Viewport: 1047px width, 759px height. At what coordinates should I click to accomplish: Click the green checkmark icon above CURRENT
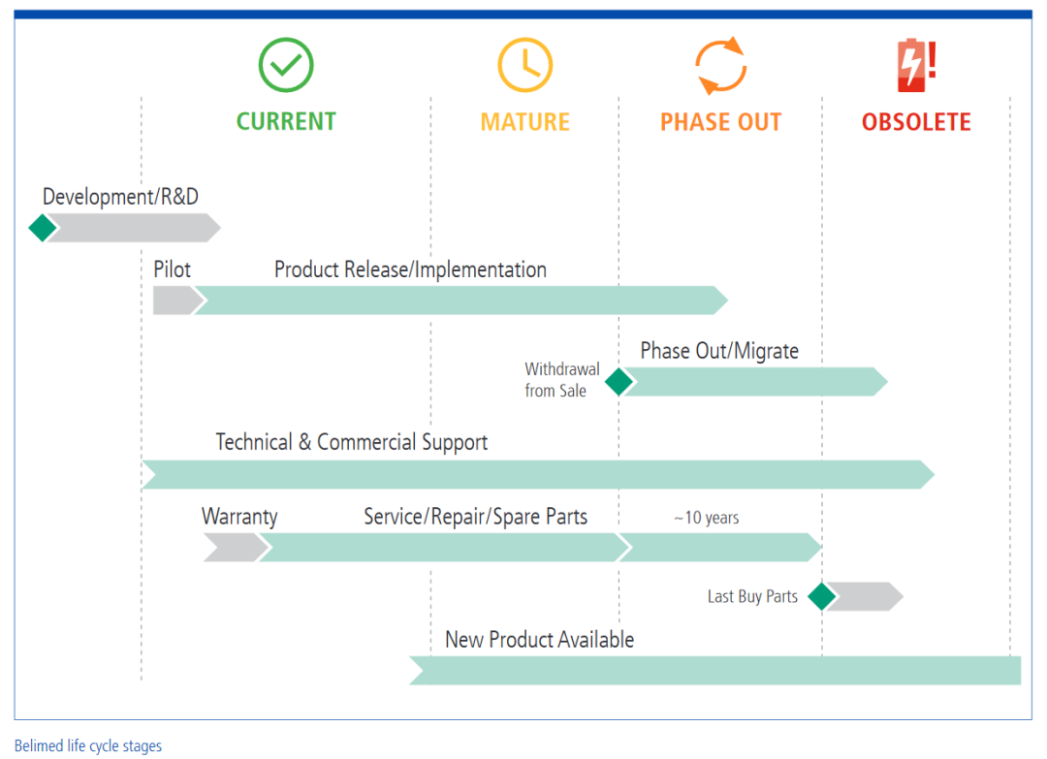286,65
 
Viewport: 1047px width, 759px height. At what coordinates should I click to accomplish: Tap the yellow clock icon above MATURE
524,65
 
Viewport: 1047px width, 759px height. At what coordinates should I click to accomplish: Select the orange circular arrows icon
720,66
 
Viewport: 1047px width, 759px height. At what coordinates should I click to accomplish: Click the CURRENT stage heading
286,122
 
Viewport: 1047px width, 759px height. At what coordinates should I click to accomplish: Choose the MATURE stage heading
524,122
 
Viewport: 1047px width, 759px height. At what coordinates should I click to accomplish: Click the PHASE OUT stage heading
720,122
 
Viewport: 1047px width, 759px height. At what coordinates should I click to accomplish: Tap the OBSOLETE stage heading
916,122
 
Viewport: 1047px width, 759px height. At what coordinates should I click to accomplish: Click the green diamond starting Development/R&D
43,228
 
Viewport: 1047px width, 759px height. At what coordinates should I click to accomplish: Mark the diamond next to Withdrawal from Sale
619,382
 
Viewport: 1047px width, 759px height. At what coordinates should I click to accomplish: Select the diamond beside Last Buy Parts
822,596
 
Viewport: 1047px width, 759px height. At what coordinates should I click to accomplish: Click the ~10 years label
706,518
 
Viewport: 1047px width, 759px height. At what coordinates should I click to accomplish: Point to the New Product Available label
539,640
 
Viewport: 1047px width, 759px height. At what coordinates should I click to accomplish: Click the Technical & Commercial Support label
351,443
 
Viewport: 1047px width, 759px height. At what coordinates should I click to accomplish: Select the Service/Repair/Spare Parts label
475,517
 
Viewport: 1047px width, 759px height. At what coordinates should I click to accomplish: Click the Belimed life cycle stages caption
88,746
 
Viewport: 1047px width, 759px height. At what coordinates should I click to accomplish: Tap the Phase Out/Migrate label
719,351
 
